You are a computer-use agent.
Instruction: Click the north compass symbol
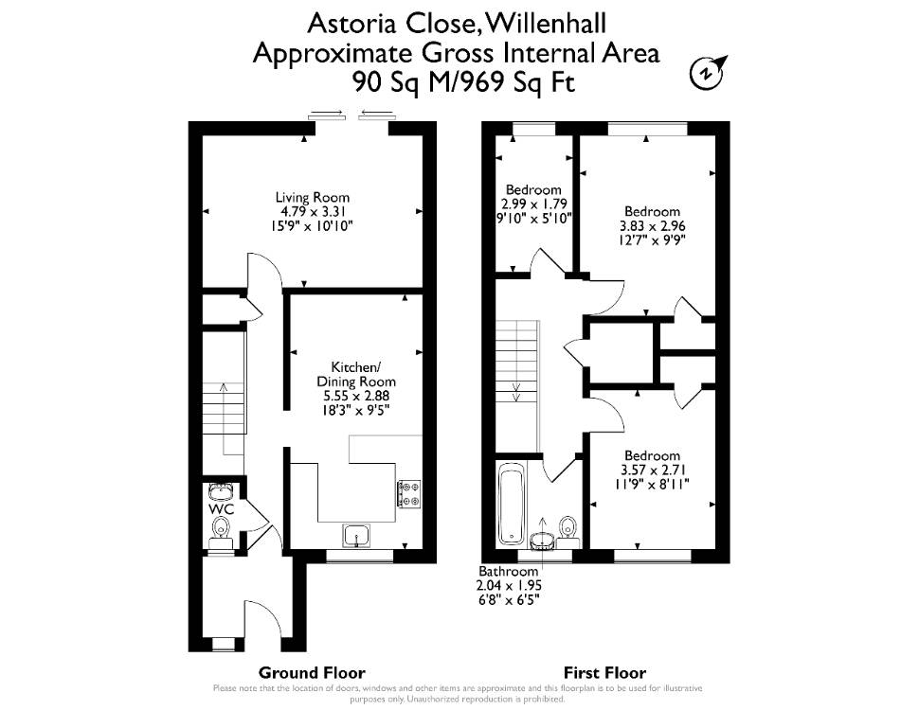tap(708, 72)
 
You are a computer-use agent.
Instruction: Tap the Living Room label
tap(313, 198)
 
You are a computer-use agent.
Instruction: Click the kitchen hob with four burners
tap(409, 493)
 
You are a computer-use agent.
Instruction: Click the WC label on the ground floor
tap(222, 509)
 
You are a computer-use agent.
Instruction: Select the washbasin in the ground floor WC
tap(222, 490)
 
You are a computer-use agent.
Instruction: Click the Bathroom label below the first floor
tap(508, 571)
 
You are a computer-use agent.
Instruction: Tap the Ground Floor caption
tap(312, 672)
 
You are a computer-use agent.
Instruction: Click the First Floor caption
tap(604, 672)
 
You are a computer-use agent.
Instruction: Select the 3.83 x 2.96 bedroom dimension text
tap(653, 226)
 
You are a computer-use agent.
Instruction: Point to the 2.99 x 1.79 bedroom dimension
tap(534, 204)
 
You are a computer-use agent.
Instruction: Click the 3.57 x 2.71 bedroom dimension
tap(653, 470)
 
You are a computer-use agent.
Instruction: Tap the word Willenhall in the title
tap(547, 24)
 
